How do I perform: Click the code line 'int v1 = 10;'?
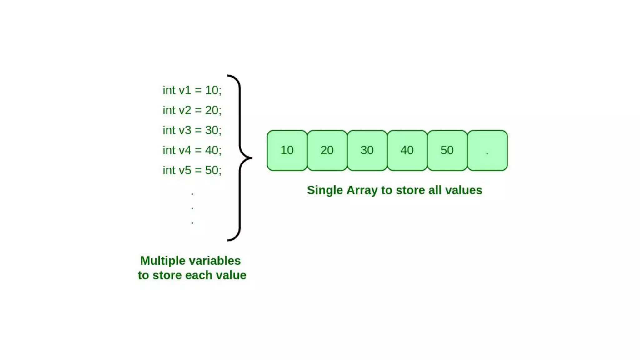(192, 90)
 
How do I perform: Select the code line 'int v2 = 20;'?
(192, 110)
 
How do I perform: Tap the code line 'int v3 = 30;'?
(192, 130)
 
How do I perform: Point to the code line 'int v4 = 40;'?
(192, 150)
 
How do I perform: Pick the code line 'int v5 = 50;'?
(192, 170)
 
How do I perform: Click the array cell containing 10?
(287, 150)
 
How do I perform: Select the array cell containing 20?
(327, 150)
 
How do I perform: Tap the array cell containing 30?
(367, 150)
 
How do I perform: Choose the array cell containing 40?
(407, 150)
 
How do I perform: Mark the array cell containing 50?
(447, 150)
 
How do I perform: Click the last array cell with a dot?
(487, 150)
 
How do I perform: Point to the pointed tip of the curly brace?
(251, 158)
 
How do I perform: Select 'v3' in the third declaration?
(185, 130)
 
